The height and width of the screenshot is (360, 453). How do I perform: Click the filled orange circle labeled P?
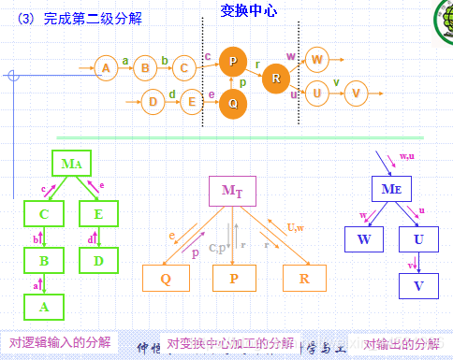[x=233, y=61]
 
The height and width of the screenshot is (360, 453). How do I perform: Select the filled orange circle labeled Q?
[x=233, y=103]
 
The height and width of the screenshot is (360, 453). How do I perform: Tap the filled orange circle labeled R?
[x=275, y=78]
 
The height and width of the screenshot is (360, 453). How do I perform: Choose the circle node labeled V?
[x=355, y=93]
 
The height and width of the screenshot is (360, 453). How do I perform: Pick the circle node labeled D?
[x=153, y=101]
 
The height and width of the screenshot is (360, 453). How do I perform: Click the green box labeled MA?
[x=72, y=164]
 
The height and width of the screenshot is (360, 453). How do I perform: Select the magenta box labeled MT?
[x=231, y=192]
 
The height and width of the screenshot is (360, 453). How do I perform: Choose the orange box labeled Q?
[x=167, y=277]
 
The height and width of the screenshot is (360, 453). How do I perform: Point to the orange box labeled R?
[x=304, y=277]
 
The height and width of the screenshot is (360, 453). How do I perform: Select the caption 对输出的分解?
[x=402, y=342]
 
